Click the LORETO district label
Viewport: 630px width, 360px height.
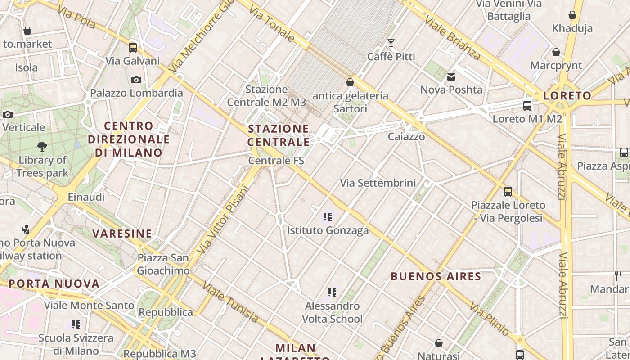(567, 95)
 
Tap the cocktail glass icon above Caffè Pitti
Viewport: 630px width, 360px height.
(391, 43)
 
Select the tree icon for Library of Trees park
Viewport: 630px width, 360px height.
(42, 146)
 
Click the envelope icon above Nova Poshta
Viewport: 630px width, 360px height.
(451, 77)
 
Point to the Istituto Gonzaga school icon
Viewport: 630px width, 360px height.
(328, 217)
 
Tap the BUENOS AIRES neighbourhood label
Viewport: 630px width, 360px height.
(436, 276)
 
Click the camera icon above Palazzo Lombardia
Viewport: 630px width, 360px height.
(136, 80)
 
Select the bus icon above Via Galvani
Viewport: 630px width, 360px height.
(132, 47)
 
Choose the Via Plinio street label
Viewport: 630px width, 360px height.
(490, 319)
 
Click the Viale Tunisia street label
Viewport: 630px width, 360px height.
(231, 302)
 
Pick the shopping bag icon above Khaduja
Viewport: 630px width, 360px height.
(572, 15)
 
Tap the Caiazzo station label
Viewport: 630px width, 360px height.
(406, 137)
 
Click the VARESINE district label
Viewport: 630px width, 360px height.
(122, 234)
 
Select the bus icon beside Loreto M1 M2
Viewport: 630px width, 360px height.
(527, 106)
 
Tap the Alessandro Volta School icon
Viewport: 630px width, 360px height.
(332, 292)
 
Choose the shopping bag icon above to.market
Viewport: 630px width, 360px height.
(27, 31)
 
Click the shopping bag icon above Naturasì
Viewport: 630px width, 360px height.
(439, 343)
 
